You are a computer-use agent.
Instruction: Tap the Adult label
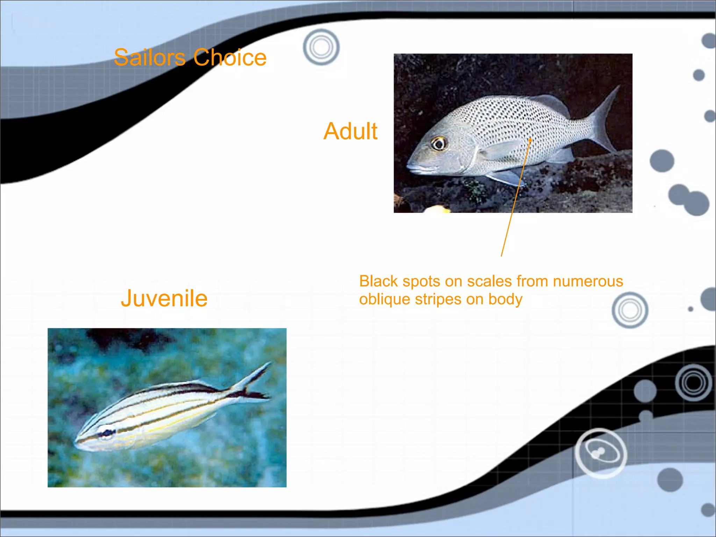click(350, 131)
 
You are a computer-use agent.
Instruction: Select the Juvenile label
click(164, 299)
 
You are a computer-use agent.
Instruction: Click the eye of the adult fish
click(438, 143)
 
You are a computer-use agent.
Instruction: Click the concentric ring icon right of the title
click(321, 47)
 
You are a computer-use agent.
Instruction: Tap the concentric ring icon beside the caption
click(630, 310)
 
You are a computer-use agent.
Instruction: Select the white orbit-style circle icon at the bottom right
click(601, 453)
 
